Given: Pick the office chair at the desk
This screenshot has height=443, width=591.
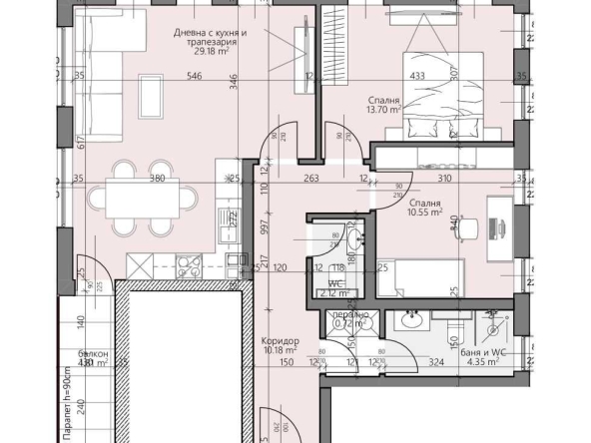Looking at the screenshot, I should click(x=465, y=228).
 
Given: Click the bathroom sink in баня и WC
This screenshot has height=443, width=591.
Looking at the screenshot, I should click(x=411, y=321).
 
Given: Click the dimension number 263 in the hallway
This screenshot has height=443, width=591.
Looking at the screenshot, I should click(x=283, y=181).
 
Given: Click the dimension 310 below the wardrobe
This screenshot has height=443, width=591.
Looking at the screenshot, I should click(x=444, y=181).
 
